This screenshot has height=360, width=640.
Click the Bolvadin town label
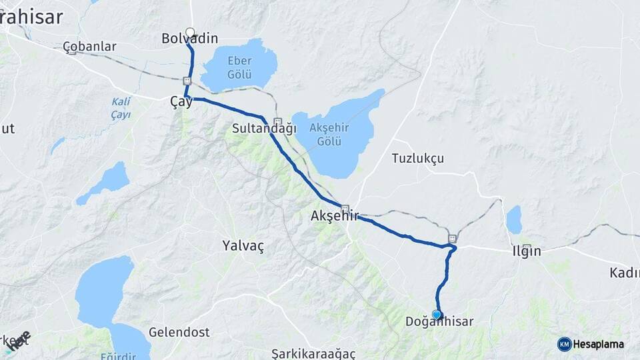[x=190, y=39]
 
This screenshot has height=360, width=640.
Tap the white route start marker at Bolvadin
[x=190, y=32]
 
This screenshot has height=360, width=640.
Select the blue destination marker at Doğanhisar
[x=437, y=314]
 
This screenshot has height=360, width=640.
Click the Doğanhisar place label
[x=439, y=322]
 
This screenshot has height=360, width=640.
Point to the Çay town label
[x=181, y=102]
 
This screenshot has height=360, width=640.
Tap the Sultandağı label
[x=264, y=128]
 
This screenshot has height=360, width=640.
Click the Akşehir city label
[x=335, y=216]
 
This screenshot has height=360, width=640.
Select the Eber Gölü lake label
[x=239, y=67]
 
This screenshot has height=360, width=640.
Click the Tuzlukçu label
[x=418, y=159]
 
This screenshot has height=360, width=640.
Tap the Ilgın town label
[x=526, y=251]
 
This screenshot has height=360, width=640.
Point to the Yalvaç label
[x=243, y=246]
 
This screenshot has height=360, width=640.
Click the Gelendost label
[x=179, y=332]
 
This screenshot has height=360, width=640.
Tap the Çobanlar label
[x=89, y=47]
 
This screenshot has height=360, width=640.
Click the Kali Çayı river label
[x=121, y=109]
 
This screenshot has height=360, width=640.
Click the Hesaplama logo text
[x=598, y=344]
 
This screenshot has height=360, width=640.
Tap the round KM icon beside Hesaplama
[x=564, y=344]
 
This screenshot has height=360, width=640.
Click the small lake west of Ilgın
[x=514, y=219]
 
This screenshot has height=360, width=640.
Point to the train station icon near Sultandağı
[x=277, y=122]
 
